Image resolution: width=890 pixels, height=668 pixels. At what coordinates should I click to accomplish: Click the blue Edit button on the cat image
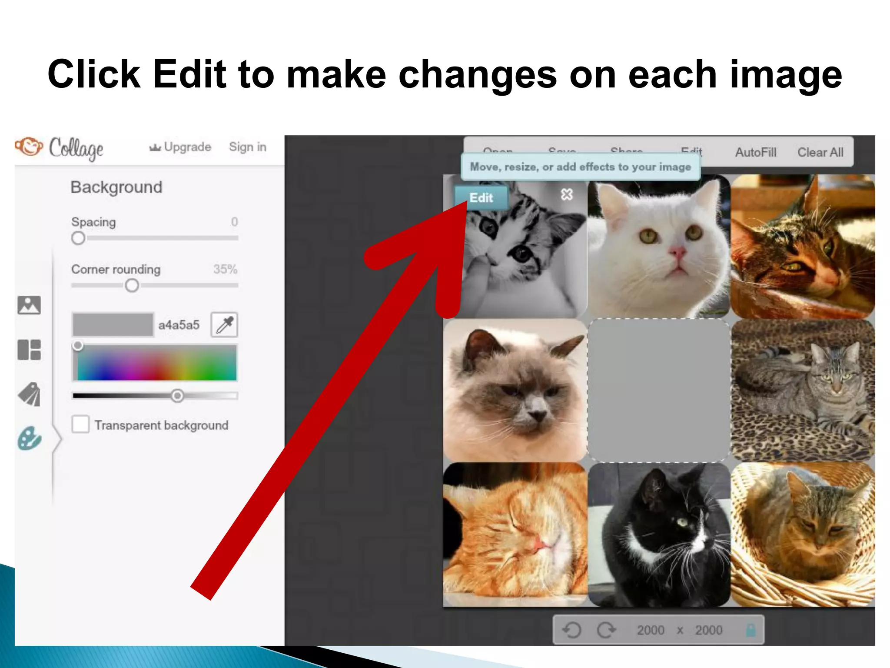coord(481,198)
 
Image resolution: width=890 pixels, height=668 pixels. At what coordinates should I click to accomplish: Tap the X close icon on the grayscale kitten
coord(567,194)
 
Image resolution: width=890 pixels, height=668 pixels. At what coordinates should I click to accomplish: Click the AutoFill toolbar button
coord(755,152)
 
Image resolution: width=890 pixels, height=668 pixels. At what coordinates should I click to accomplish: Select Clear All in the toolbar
coord(820,152)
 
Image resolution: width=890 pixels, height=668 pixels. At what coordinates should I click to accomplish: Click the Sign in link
coord(247,147)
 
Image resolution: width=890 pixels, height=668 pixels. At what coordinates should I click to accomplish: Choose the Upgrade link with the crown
coord(180,147)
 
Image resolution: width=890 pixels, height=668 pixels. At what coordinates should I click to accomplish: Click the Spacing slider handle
coord(78,238)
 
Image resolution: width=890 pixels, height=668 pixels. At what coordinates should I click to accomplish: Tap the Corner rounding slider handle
coord(132,285)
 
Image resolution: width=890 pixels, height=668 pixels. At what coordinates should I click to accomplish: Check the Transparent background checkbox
coord(80,424)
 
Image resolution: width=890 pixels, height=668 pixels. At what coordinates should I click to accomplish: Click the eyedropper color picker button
coord(224,324)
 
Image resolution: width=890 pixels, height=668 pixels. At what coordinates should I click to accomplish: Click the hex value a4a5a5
coord(179,325)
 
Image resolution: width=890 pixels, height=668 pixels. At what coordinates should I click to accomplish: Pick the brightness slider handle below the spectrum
coord(177,396)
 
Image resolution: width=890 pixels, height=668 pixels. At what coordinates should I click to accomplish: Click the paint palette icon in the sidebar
coord(30,438)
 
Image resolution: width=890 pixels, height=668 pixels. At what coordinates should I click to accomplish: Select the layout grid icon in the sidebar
coord(29,350)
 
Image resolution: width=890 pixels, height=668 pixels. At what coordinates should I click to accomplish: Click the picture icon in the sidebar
coord(29,305)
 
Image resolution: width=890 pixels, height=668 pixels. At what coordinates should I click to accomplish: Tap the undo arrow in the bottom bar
coord(571,630)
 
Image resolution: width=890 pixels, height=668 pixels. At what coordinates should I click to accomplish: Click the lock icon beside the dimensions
coord(751,630)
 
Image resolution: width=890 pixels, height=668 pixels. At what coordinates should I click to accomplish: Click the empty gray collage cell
coord(658,390)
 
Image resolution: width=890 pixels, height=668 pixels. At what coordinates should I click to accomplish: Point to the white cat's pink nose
coord(677,252)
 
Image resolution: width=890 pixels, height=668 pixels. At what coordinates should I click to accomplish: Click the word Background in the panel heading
coord(116,187)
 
